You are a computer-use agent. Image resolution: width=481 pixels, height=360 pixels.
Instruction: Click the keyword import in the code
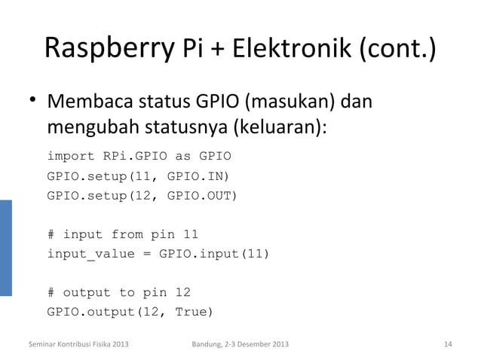click(x=70, y=157)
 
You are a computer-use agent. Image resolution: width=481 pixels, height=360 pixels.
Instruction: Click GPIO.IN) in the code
click(x=198, y=177)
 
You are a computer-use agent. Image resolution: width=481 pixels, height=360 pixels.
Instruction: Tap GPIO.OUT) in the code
click(x=201, y=197)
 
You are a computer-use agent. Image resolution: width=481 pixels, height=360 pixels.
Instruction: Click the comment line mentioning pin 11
click(x=123, y=234)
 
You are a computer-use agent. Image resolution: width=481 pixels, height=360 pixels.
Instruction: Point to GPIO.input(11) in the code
click(x=214, y=254)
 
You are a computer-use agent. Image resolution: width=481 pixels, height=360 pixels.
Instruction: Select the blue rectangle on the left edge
click(x=6, y=248)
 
